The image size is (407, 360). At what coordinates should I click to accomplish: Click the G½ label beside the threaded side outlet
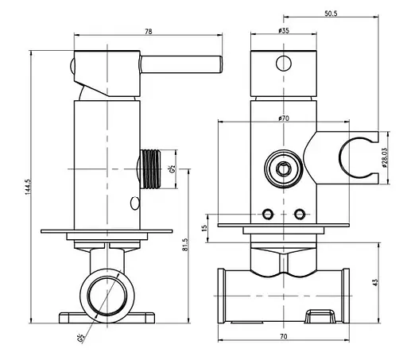click(x=172, y=168)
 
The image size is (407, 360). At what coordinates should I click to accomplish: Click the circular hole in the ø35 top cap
click(x=284, y=64)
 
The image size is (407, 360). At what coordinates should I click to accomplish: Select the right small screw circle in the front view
click(x=299, y=214)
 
